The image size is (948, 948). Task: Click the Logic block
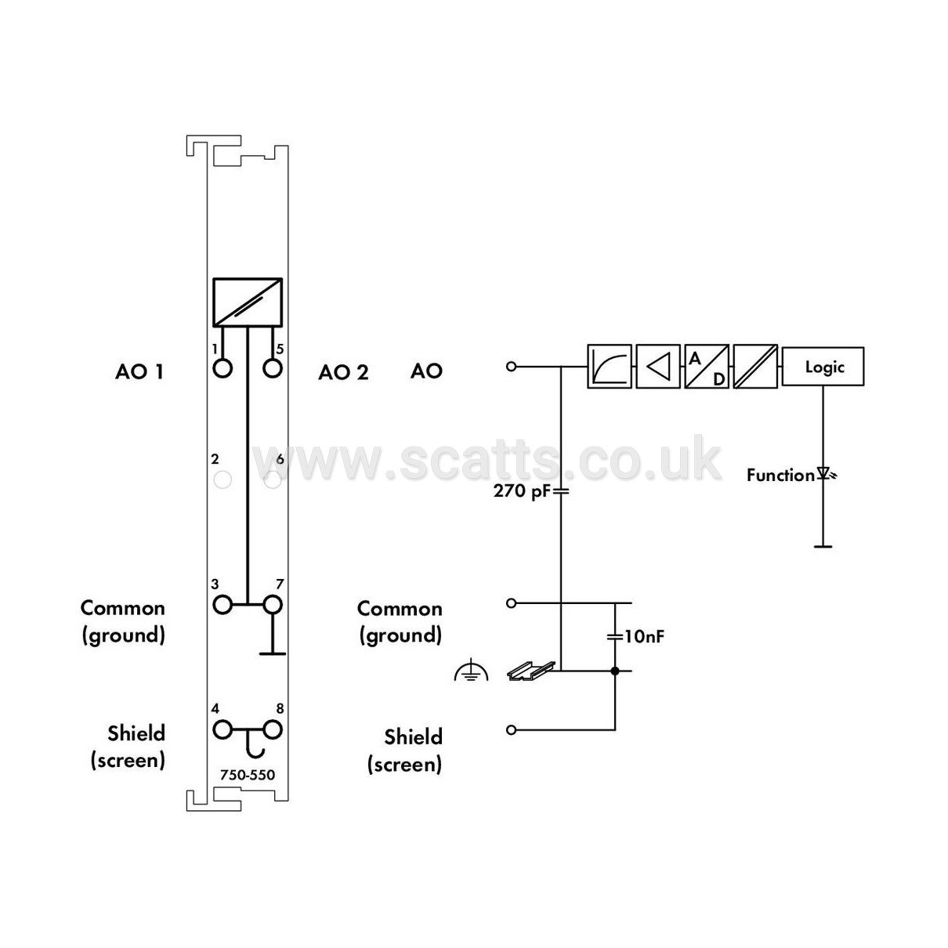823,367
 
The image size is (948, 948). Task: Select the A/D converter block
707,367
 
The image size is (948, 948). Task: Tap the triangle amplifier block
658,367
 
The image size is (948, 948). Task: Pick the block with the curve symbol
610,367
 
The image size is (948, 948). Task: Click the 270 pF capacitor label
522,490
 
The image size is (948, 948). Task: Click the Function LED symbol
825,474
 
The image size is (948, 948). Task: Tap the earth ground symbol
471,670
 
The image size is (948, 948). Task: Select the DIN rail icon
531,670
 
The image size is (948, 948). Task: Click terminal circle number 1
223,368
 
